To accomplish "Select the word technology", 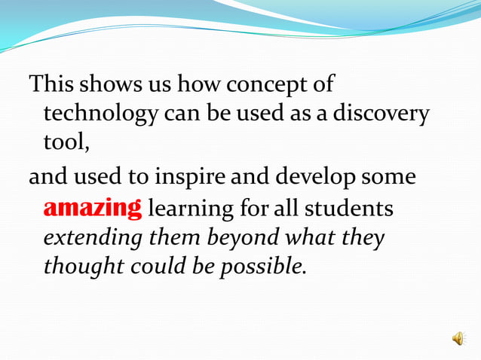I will [100, 114].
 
